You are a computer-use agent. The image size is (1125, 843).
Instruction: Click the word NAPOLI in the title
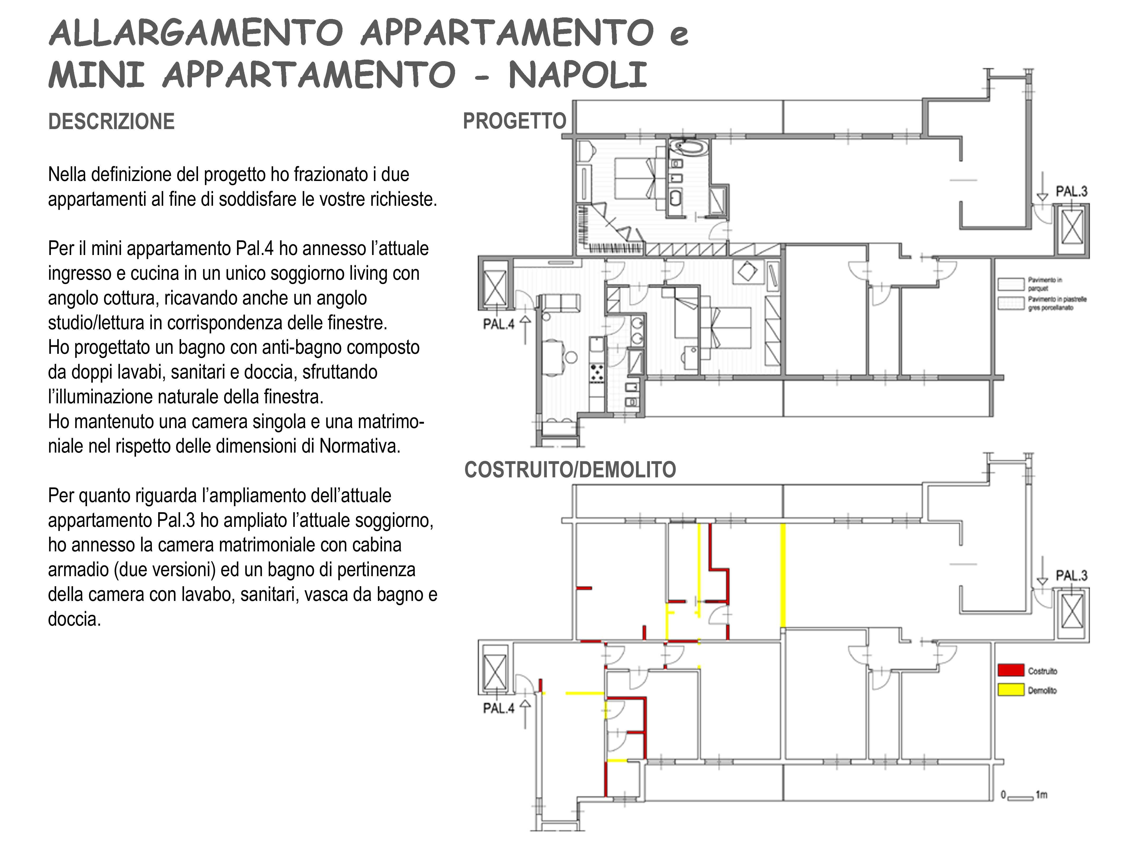tap(578, 75)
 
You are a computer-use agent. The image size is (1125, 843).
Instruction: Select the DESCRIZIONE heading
tap(111, 122)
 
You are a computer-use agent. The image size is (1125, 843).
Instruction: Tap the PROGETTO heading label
tap(514, 121)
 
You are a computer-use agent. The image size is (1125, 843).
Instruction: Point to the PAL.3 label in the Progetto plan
tap(1071, 192)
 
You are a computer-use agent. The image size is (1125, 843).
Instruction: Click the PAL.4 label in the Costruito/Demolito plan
tap(499, 708)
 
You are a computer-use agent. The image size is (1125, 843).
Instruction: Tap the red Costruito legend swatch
tap(1011, 670)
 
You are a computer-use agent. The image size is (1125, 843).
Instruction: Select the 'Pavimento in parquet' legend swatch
tap(1011, 283)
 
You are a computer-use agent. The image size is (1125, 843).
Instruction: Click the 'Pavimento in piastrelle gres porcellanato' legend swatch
tap(1011, 303)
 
